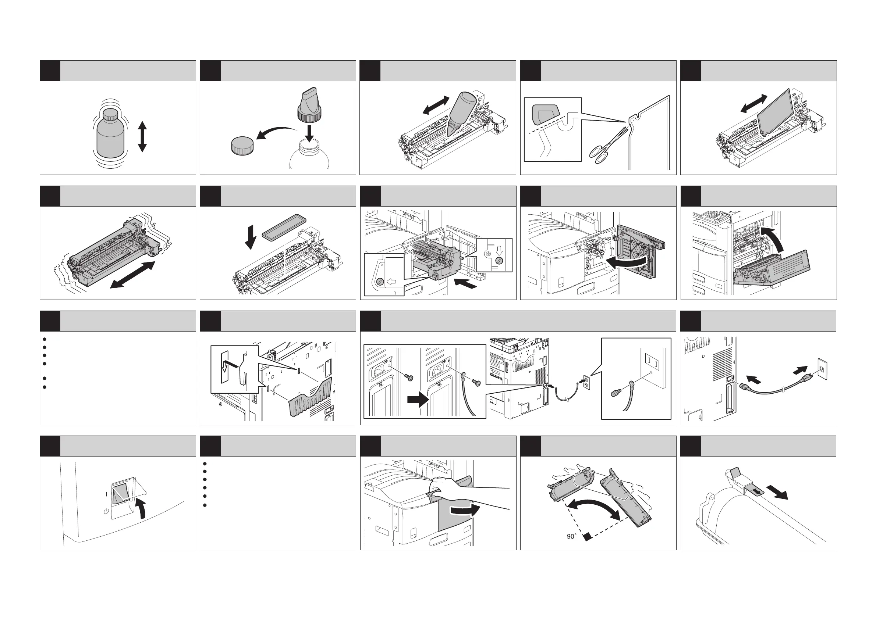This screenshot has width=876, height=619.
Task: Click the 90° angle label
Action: (571, 536)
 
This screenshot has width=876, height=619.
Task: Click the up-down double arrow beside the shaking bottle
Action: (142, 136)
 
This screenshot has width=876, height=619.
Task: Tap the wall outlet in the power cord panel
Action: (822, 368)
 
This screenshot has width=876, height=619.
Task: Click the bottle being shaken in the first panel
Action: (111, 133)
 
